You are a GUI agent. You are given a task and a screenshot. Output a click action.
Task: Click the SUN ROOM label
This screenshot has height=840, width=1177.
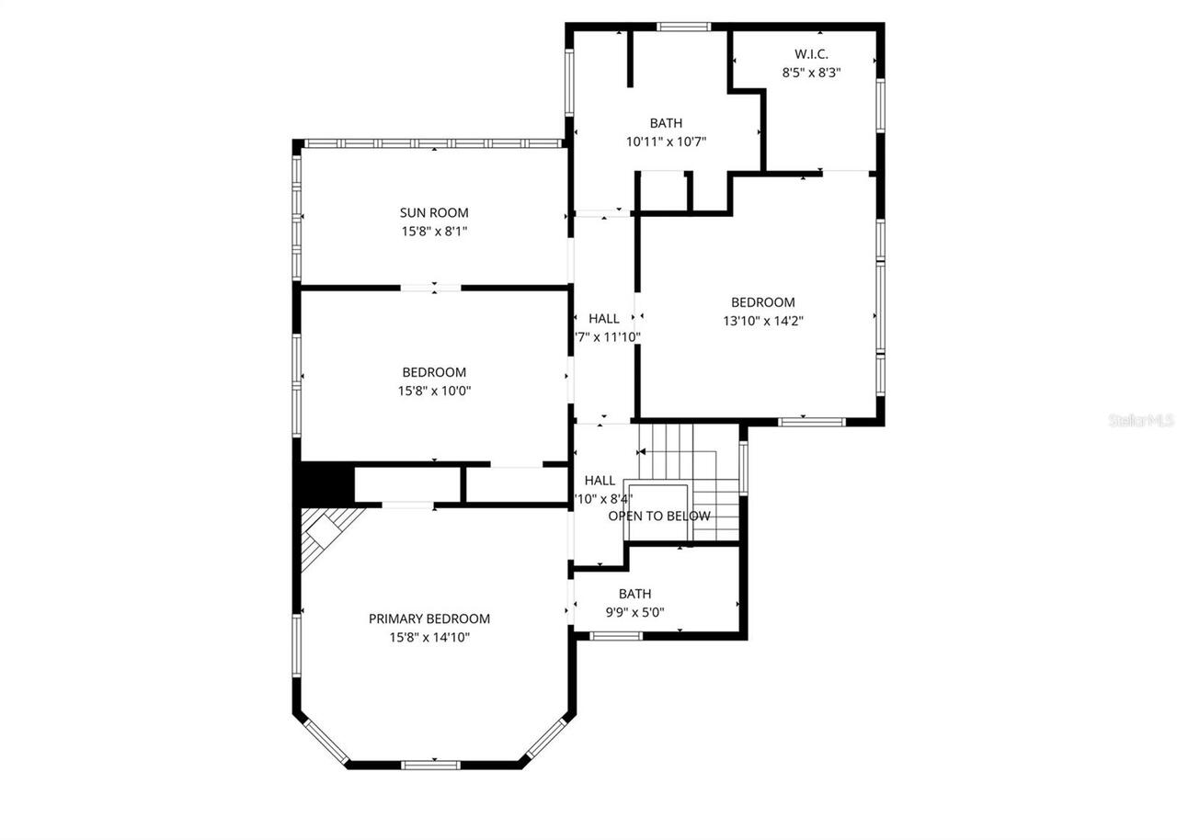click(x=434, y=213)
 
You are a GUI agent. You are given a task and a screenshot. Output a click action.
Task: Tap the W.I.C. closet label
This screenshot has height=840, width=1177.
click(x=811, y=54)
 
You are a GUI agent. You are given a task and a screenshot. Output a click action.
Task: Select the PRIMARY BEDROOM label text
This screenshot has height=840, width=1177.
click(x=429, y=619)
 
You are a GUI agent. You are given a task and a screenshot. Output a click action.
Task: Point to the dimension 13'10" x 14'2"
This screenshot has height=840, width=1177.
click(x=763, y=321)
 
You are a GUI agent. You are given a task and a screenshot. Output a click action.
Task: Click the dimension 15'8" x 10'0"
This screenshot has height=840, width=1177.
click(x=434, y=391)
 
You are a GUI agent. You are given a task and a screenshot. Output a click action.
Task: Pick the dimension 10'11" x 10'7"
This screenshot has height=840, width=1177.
click(x=666, y=142)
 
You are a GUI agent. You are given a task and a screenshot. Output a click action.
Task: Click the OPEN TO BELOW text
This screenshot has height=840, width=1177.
click(x=659, y=516)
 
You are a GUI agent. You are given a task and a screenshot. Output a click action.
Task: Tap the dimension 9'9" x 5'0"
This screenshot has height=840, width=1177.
click(x=634, y=612)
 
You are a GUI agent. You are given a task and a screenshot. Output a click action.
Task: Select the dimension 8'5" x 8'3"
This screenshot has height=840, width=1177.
click(x=811, y=73)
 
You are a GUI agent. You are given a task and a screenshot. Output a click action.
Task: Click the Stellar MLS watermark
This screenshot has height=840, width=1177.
click(x=1141, y=420)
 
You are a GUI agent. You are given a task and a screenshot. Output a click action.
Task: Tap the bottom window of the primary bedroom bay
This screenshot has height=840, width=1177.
click(x=431, y=764)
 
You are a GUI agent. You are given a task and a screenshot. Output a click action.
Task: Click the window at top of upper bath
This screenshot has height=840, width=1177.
click(x=684, y=27)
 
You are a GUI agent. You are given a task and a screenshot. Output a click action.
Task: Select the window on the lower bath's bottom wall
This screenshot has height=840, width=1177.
click(x=615, y=635)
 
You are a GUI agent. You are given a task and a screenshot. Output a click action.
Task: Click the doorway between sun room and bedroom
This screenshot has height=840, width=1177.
click(x=430, y=288)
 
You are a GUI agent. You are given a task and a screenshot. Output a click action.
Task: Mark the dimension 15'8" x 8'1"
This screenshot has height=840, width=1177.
click(x=434, y=232)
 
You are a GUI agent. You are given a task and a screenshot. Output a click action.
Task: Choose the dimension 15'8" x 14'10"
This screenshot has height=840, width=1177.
click(x=429, y=637)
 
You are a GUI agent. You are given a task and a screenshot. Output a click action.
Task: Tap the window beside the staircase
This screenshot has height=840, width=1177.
click(x=744, y=468)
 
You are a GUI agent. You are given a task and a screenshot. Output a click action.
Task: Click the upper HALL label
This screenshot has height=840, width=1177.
click(x=604, y=318)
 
